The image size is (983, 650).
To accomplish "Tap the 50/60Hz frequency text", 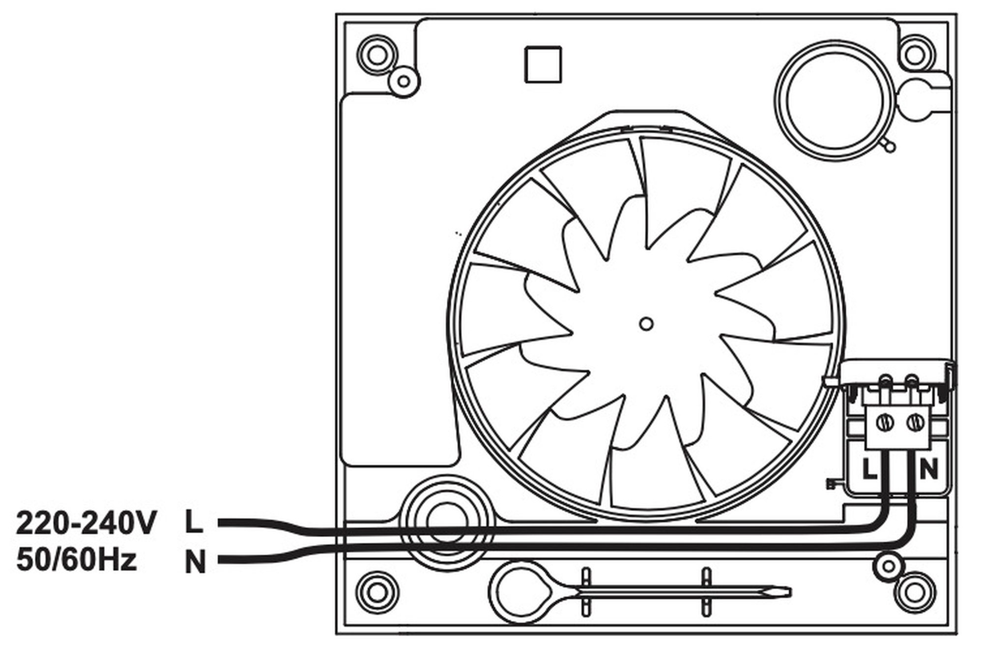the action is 77,560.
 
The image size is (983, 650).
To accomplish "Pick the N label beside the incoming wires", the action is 195,562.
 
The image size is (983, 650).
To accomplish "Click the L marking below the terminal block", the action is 869,469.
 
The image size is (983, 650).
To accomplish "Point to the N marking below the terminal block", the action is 928,469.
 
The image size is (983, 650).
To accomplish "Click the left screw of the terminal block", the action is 885,423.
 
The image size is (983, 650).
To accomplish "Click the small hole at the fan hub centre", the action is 646,324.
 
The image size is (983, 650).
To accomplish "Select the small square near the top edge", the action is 543,64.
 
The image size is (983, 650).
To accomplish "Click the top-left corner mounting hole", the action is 377,54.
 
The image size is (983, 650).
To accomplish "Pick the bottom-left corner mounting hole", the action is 377,592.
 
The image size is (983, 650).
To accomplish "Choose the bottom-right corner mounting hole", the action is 914,592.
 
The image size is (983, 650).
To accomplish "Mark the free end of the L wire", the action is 219,523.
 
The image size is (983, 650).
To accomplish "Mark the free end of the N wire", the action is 219,560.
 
